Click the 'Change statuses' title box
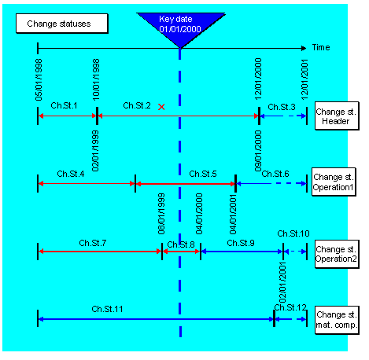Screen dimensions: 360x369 [58, 24]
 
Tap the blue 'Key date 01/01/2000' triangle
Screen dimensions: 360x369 [180, 25]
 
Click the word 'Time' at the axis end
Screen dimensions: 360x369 [321, 48]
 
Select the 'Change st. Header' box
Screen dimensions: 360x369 [335, 116]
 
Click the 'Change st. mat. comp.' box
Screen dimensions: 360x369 [335, 319]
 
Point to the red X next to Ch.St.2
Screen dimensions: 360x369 [161, 106]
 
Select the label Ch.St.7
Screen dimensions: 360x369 [93, 243]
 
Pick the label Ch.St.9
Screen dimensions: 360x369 [240, 243]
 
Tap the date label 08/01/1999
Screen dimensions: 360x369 [161, 214]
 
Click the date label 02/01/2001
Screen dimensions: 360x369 [282, 280]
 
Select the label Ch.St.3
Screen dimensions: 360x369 [282, 105]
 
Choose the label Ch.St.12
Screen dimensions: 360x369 [290, 307]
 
